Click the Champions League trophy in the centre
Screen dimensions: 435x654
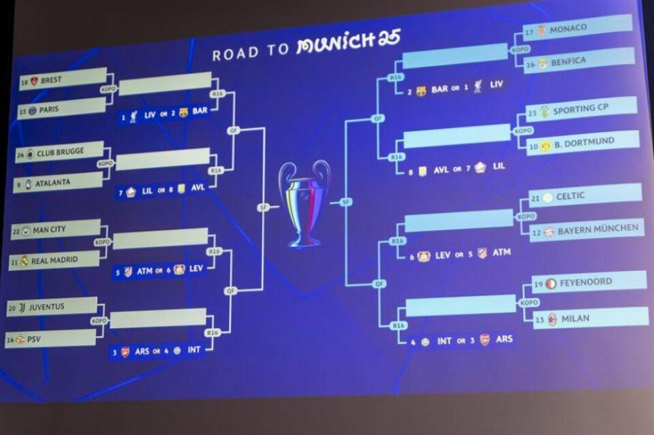click(x=304, y=203)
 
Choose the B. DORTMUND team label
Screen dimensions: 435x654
click(x=582, y=142)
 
